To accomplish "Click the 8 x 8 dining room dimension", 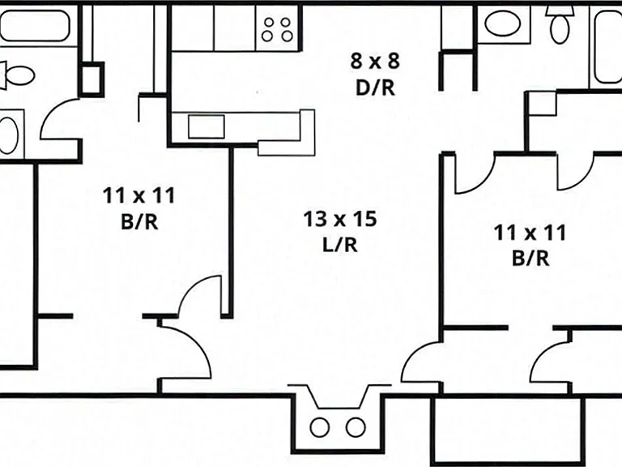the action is (375, 61).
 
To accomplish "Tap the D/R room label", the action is (375, 88).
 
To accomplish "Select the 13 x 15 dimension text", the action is (340, 219).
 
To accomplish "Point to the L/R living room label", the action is (340, 244).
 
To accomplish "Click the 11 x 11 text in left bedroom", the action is (138, 195).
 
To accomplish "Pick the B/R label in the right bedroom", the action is (530, 258).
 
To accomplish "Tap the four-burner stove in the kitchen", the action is (277, 28).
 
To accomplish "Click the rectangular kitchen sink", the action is (207, 126).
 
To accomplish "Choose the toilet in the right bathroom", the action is (560, 24).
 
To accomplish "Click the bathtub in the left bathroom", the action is (35, 25).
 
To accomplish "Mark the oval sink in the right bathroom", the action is (502, 24).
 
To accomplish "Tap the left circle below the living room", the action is (319, 427).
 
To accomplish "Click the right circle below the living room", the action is (356, 427).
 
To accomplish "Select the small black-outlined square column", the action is (92, 79).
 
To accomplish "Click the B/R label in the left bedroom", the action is (139, 221).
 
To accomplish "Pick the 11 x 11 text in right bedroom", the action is (530, 233).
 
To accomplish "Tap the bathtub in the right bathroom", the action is (607, 47).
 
